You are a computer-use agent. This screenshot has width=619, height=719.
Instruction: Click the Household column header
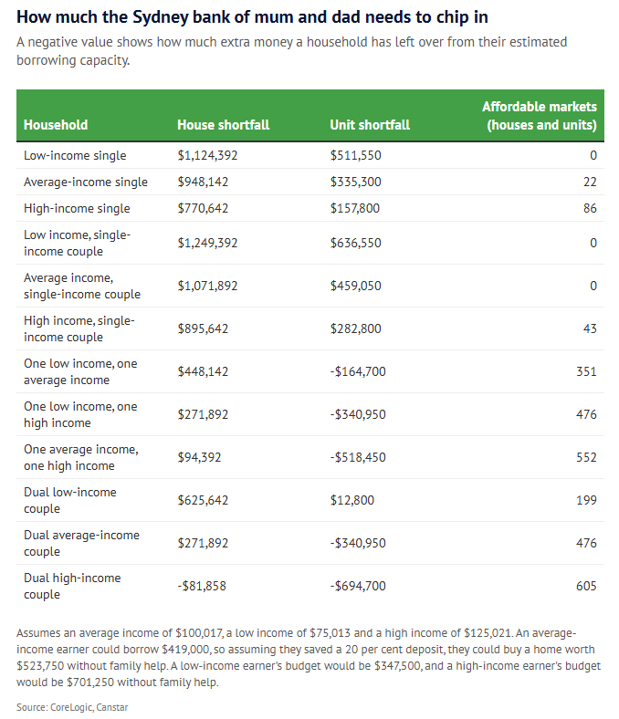pos(56,125)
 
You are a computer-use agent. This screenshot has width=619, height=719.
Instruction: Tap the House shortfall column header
pos(224,125)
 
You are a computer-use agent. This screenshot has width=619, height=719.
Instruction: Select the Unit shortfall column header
pos(370,125)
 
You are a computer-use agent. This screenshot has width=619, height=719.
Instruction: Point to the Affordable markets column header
pos(540,116)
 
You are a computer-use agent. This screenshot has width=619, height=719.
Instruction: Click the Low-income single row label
pos(75,155)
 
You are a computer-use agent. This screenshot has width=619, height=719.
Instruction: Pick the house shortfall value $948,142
pos(203,182)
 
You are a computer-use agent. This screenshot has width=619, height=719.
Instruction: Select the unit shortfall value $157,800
pos(355,208)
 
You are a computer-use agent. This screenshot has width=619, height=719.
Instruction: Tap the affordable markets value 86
pos(590,208)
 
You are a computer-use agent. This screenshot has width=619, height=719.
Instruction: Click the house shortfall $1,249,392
pos(208,243)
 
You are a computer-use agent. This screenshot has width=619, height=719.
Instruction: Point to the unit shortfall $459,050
pos(356,286)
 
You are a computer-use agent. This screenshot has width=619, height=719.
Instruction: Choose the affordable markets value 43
pos(590,328)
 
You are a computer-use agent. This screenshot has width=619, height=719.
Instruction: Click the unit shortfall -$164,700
pos(358,371)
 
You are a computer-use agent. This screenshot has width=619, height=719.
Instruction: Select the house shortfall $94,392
pos(200,457)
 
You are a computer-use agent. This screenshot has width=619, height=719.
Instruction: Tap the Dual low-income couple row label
pos(70,500)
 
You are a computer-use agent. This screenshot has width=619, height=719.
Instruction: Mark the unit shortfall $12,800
pos(352,500)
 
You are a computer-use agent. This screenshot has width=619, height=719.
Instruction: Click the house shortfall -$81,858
pos(202,586)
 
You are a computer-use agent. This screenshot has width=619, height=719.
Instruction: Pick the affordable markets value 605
pos(586,586)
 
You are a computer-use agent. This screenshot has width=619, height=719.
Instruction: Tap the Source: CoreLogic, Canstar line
pos(72,707)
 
